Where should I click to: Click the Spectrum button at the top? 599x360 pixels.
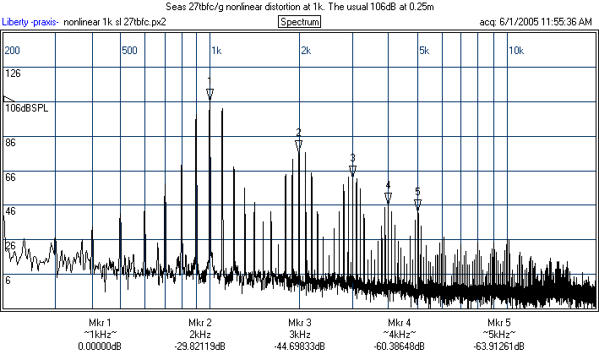click(x=299, y=21)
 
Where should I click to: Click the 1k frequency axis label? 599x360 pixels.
click(x=216, y=51)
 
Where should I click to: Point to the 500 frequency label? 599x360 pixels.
click(x=129, y=51)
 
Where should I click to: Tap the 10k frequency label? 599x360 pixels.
click(x=515, y=51)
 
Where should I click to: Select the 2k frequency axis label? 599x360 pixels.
click(x=306, y=51)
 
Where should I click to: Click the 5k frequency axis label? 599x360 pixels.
click(x=424, y=51)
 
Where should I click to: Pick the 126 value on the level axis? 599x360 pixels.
click(x=13, y=74)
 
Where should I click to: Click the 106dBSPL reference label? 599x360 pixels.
click(x=26, y=108)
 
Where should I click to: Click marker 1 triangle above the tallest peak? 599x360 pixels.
click(x=210, y=93)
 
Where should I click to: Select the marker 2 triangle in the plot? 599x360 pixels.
click(x=298, y=145)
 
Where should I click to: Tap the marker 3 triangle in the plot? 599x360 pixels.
click(x=352, y=170)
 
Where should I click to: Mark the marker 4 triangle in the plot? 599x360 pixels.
click(x=388, y=197)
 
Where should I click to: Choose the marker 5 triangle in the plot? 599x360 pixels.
click(x=417, y=204)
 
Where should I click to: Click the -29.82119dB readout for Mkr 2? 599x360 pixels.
click(x=200, y=346)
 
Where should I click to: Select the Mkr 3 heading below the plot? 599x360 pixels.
click(x=299, y=323)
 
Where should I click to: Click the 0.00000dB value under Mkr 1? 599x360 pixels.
click(x=100, y=346)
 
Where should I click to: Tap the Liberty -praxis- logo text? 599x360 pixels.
click(x=30, y=21)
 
